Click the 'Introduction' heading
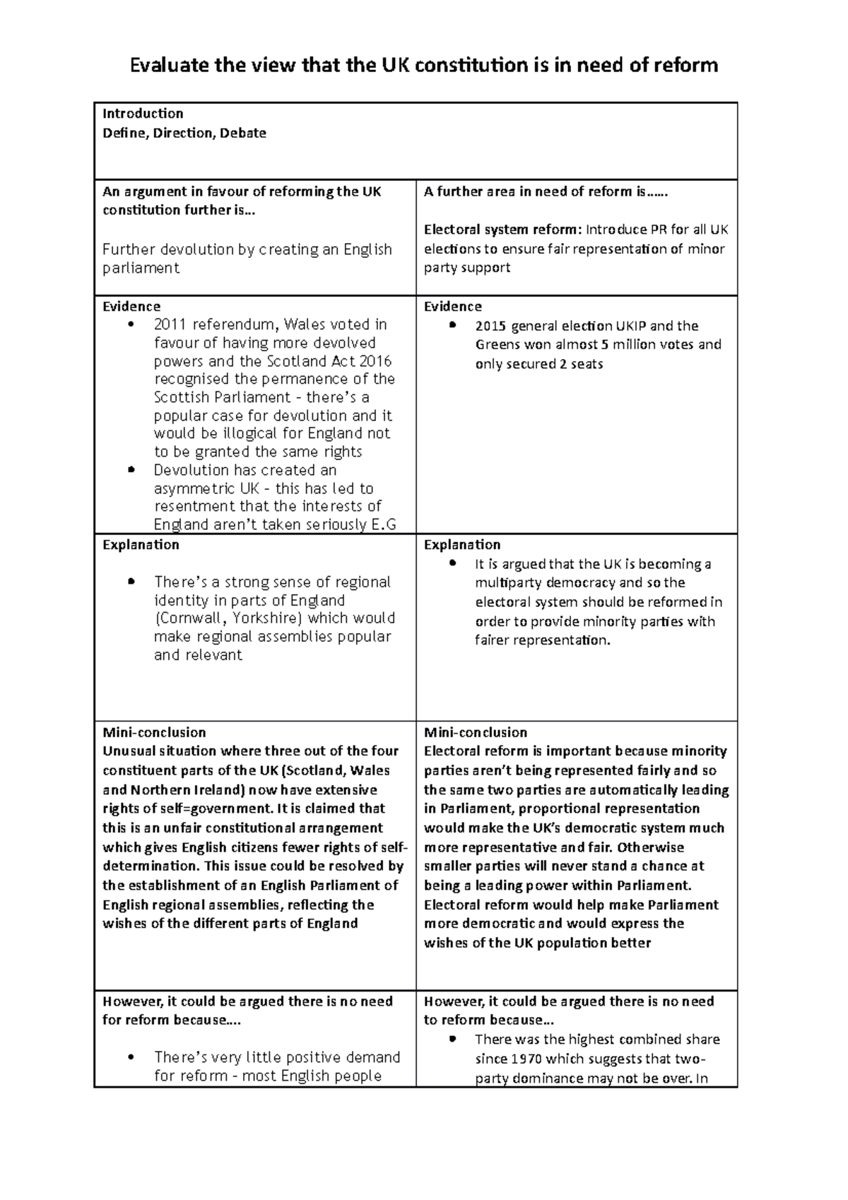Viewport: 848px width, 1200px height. coord(143,114)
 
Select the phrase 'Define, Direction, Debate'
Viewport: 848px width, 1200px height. coord(184,133)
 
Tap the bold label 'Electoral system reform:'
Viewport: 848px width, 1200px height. coord(504,230)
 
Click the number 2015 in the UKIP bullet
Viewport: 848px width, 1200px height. coord(491,327)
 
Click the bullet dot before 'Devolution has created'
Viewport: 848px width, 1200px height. coord(131,471)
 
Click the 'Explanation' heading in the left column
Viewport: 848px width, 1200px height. coord(141,545)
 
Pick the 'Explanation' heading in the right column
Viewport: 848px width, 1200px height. coord(462,545)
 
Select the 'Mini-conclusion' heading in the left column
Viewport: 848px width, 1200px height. coord(154,733)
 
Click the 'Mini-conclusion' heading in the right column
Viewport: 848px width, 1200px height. coord(476,733)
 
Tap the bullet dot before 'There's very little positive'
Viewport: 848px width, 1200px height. coord(131,1058)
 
